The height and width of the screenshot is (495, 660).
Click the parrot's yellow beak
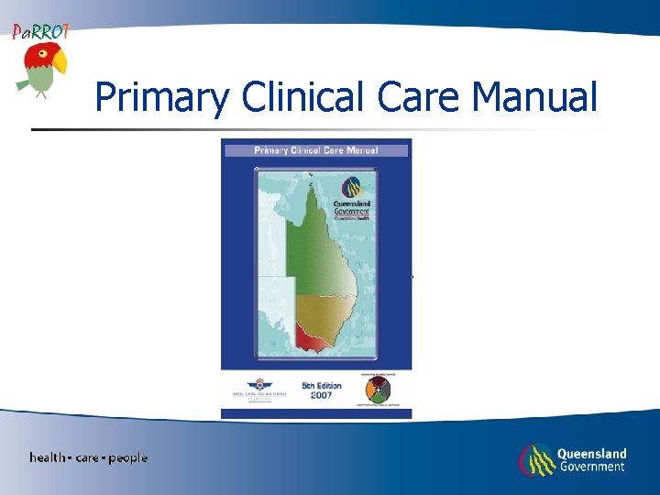59,62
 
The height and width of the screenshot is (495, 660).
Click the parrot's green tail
24,83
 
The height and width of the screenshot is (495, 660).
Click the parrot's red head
37,57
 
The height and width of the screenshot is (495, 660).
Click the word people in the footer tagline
127,457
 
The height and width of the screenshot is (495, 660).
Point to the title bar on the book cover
316,150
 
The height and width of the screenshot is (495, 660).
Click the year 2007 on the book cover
322,395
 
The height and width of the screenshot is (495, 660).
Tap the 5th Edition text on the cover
322,385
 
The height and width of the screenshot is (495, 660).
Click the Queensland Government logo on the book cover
351,192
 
